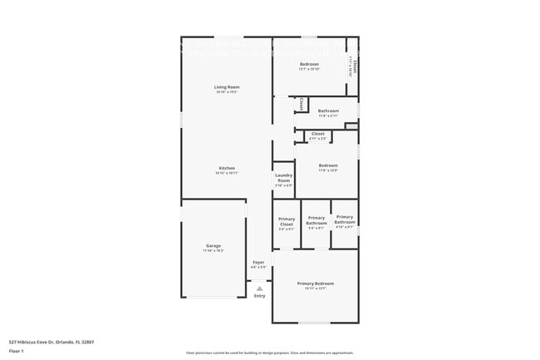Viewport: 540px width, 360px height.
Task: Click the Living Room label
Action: click(227, 87)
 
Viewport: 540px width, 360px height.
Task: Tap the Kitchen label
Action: click(227, 168)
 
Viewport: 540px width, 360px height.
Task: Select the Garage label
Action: click(214, 245)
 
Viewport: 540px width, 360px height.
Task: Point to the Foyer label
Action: click(259, 263)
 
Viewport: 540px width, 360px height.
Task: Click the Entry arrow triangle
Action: click(259, 288)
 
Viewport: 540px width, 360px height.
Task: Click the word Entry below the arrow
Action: click(259, 296)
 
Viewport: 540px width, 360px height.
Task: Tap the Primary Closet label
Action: click(287, 221)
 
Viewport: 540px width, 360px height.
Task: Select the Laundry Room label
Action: click(283, 178)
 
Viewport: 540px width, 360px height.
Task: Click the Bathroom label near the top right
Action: click(328, 111)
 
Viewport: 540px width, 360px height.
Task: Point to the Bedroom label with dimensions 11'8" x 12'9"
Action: click(328, 165)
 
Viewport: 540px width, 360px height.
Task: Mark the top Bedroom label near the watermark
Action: click(309, 64)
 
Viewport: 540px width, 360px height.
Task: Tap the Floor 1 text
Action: click(17, 351)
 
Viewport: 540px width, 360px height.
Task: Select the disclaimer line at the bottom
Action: click(270, 353)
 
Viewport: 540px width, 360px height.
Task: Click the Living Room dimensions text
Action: click(227, 92)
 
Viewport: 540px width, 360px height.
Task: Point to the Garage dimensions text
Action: click(214, 250)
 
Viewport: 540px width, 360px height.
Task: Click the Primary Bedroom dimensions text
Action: click(315, 289)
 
